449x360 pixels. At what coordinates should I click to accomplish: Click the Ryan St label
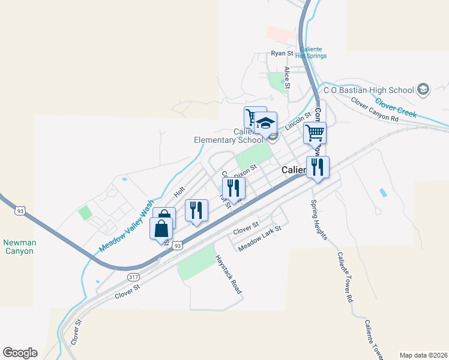coord(281,53)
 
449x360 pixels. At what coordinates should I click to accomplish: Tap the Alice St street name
coord(288,77)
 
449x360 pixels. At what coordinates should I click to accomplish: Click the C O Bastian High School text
coord(369,90)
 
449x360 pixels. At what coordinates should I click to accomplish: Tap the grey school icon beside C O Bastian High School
coord(423,89)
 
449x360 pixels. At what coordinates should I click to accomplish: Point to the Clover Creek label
coord(396,107)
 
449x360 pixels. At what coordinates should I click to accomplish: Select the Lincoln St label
coord(299,122)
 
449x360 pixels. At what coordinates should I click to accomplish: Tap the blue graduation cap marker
coord(265,125)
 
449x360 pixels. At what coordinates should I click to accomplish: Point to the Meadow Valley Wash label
coord(127,226)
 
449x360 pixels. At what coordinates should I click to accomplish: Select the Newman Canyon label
coord(19,247)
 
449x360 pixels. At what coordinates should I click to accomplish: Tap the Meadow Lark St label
coord(259,238)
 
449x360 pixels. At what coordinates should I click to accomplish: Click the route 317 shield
coord(133,277)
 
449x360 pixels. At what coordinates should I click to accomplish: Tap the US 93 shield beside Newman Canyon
coord(21,211)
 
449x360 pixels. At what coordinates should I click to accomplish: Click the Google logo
coord(20,353)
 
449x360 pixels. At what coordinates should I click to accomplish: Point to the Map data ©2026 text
coord(423,355)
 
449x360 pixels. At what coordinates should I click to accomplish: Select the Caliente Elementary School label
coord(229,136)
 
